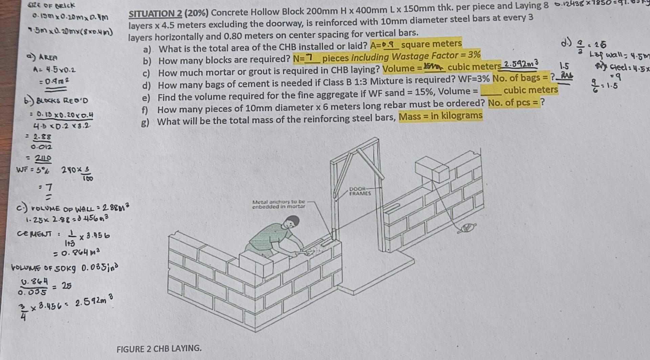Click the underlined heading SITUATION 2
point(155,14)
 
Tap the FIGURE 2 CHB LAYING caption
point(159,349)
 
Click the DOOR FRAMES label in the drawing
point(360,192)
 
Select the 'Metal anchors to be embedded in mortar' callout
point(278,204)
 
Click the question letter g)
point(145,122)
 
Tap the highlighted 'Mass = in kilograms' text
point(440,116)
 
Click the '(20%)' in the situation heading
point(197,13)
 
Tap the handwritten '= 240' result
point(39,158)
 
